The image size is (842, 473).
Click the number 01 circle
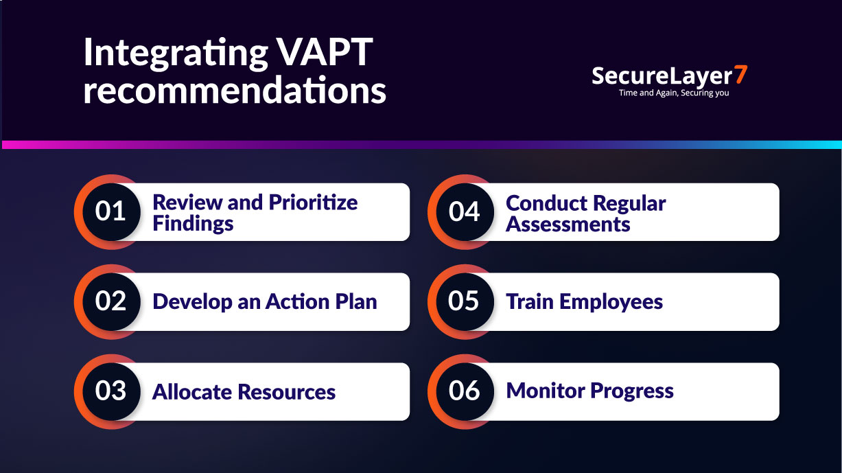[x=110, y=211]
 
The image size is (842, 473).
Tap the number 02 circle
[x=110, y=301]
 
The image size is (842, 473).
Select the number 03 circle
[x=110, y=391]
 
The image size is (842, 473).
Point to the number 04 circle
[x=465, y=211]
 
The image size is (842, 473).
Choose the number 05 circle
[x=465, y=301]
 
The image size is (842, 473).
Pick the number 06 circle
[x=465, y=391]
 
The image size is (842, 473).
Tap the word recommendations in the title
[x=235, y=91]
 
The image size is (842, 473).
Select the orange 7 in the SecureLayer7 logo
[x=739, y=76]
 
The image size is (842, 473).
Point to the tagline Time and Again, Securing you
[x=673, y=93]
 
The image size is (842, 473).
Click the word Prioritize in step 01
[x=313, y=203]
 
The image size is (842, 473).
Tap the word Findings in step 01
[x=193, y=224]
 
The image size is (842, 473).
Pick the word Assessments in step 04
[x=568, y=224]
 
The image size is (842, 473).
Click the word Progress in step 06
[x=632, y=391]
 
